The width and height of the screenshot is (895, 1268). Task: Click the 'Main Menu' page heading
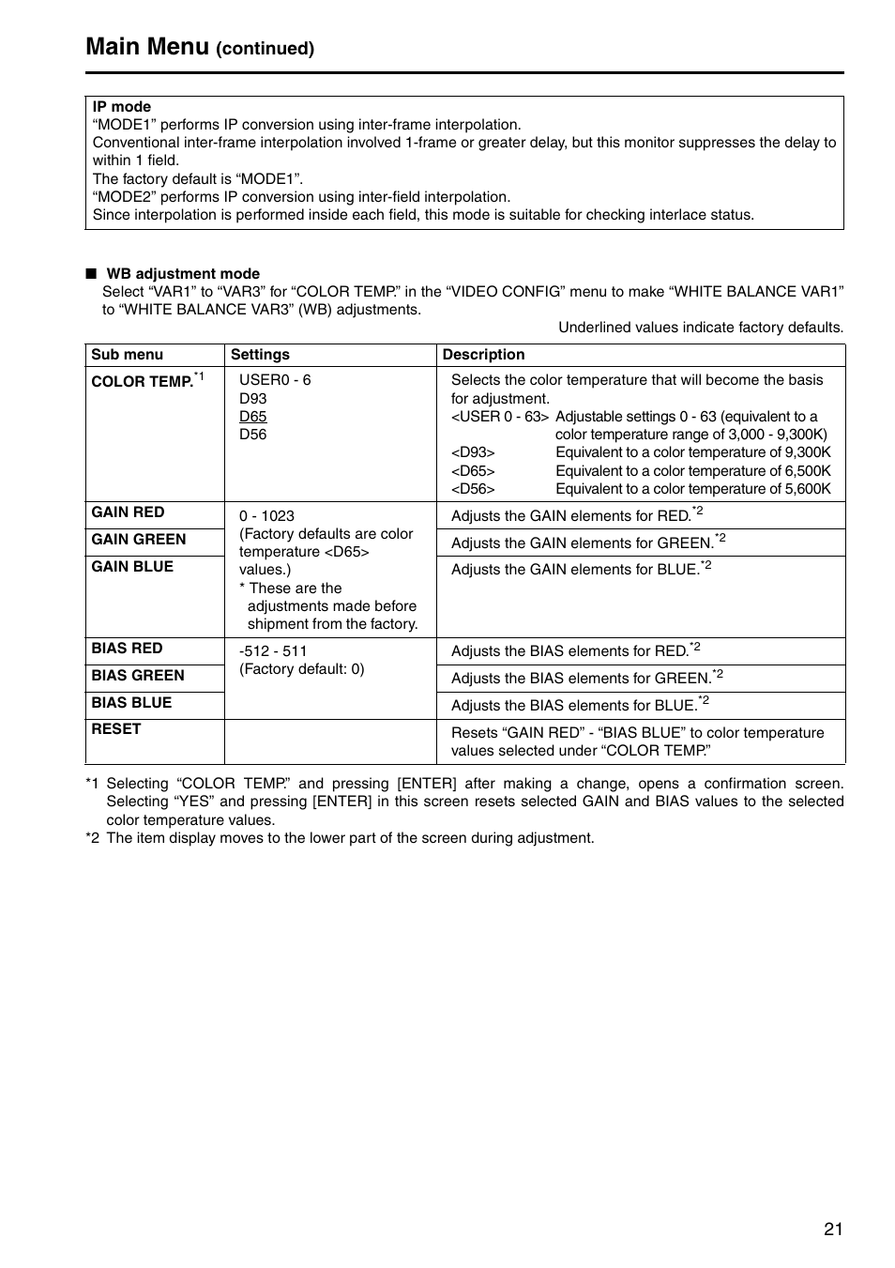click(147, 47)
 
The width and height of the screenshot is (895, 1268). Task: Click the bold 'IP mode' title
click(121, 107)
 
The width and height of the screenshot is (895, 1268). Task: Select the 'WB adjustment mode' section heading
click(183, 274)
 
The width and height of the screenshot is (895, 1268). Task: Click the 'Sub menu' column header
click(127, 355)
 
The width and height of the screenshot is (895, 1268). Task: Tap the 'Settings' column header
click(260, 355)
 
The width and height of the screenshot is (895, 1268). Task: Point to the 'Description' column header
click(483, 355)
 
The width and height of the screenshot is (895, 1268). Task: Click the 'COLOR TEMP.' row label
click(142, 382)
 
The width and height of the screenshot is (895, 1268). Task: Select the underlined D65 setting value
click(252, 417)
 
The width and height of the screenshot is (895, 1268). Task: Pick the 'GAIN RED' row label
click(128, 512)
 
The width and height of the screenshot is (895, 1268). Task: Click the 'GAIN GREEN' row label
click(139, 540)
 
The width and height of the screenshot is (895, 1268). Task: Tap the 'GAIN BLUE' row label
click(132, 567)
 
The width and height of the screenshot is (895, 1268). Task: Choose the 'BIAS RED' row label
click(127, 649)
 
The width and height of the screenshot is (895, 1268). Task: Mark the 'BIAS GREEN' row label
click(138, 676)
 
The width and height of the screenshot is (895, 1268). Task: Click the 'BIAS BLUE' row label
click(131, 703)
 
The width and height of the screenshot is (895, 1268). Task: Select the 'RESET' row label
click(116, 729)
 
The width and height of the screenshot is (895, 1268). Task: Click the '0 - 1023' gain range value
click(266, 516)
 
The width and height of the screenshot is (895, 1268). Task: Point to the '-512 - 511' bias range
click(273, 651)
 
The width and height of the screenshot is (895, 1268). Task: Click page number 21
click(833, 1230)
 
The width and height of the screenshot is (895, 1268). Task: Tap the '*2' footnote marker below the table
click(92, 838)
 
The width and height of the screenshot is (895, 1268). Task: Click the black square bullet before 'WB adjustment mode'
click(91, 274)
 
